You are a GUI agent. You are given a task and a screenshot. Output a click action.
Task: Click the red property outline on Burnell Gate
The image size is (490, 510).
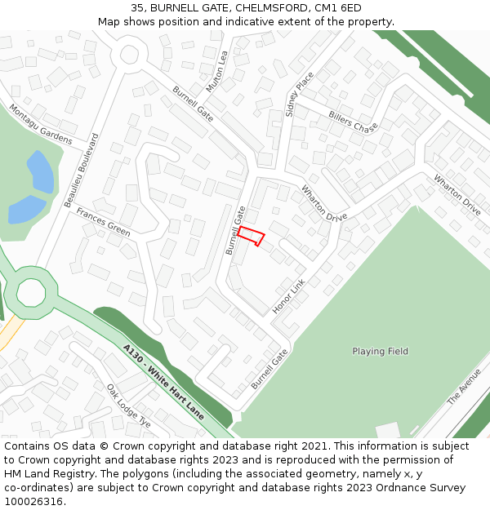point(252,236)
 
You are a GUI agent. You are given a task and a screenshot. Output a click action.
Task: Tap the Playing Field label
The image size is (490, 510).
point(380,352)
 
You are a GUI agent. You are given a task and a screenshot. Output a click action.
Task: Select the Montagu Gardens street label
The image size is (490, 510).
point(40,124)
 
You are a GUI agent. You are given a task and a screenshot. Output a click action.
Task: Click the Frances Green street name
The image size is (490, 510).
point(103,221)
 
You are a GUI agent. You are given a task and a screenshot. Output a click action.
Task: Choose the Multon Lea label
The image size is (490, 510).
point(216,72)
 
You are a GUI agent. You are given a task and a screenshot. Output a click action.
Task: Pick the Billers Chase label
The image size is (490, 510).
point(353,122)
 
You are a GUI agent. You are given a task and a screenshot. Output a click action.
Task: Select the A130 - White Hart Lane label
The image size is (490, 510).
point(163,382)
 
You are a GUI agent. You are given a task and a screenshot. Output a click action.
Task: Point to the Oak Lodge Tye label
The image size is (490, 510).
point(128,406)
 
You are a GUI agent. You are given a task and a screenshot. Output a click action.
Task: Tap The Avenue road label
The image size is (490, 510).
point(464,386)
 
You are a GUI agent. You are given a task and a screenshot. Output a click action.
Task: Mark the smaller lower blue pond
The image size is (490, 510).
point(26,209)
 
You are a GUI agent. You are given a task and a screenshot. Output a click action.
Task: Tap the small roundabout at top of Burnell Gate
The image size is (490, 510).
point(128,55)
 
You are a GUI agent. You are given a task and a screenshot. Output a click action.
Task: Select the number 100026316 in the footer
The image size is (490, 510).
point(33,502)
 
